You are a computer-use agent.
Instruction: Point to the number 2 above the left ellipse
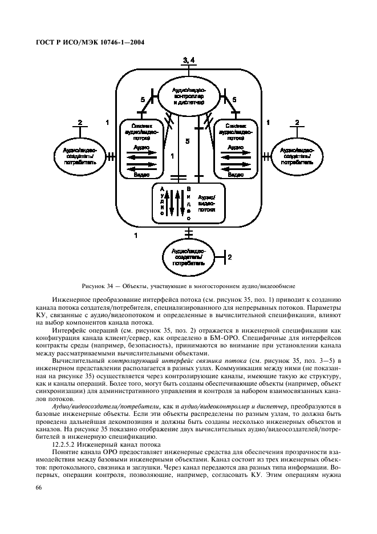coord(80,122)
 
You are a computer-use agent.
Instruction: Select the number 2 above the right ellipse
coord(297,122)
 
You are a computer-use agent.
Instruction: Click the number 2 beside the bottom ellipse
coord(230,258)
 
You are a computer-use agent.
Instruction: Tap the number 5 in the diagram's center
coord(188,140)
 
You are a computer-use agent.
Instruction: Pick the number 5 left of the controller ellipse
coord(144,100)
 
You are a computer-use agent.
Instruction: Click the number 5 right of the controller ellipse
coord(234,100)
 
